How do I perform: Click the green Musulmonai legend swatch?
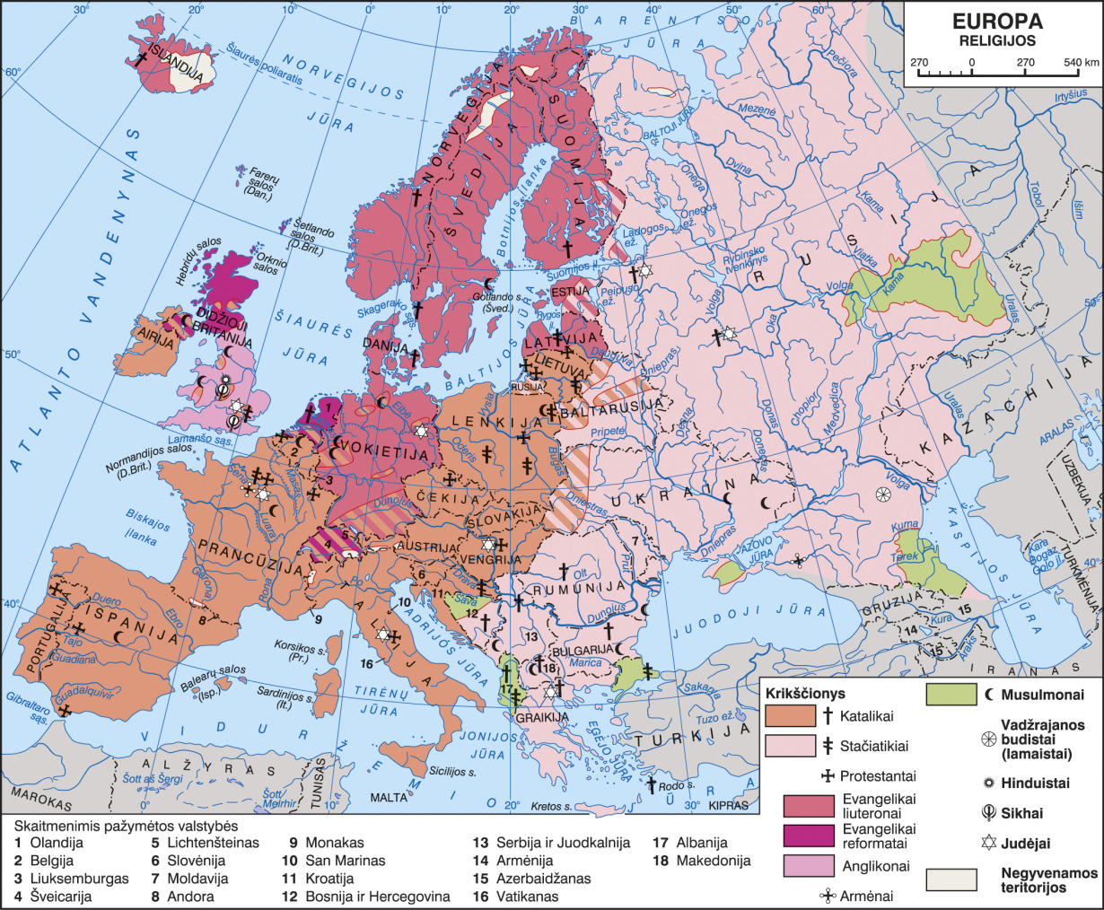951,695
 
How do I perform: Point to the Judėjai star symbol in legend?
988,843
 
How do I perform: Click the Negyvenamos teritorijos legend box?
951,879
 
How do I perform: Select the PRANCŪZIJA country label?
241,546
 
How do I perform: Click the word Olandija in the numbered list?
57,843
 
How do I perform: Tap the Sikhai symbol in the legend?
988,813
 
